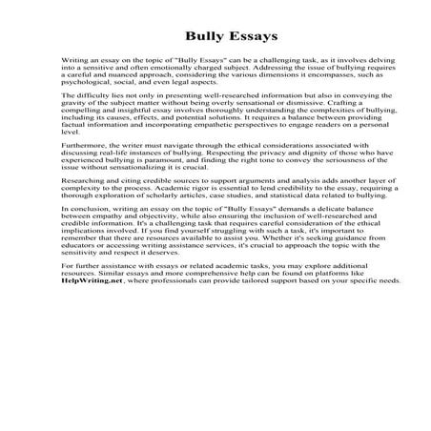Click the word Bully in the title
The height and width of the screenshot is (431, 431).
coord(187,39)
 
